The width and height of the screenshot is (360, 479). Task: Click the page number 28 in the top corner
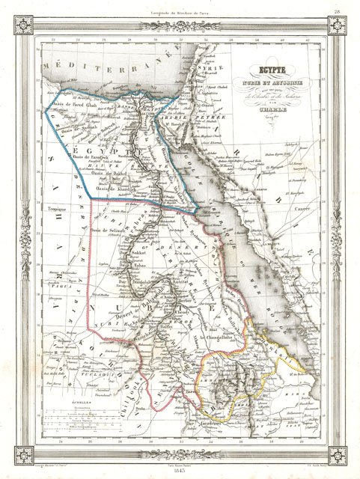(338, 10)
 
